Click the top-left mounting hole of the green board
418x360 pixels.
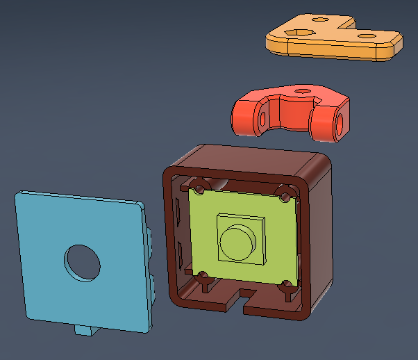199,188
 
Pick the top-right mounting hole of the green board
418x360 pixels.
284,194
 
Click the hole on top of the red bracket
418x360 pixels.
301,90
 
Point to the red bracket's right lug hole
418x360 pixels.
340,123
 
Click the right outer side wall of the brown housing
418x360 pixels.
320,229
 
